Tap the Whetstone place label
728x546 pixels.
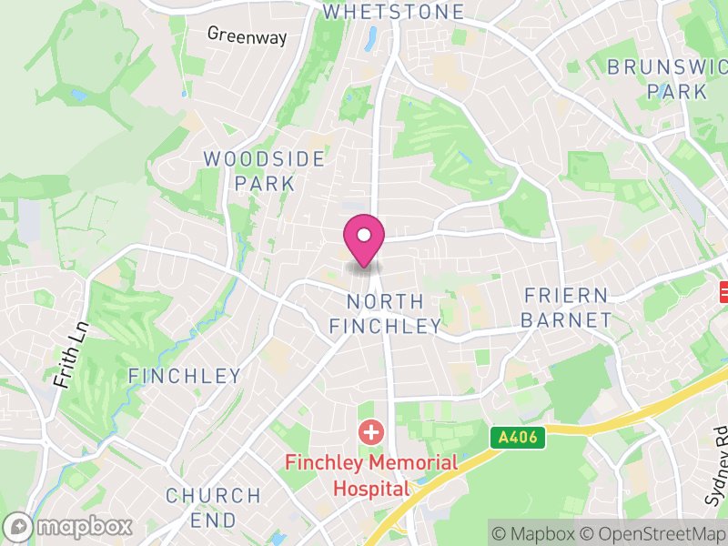click(x=393, y=12)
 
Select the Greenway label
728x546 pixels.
click(x=247, y=35)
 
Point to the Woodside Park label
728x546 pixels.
click(x=264, y=171)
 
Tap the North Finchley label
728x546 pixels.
click(x=385, y=313)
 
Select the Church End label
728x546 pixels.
click(x=213, y=508)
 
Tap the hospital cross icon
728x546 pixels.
click(x=370, y=431)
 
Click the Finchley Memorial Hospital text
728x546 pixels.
click(x=370, y=475)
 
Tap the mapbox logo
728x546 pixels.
click(x=68, y=526)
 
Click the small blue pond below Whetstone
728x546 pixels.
click(x=371, y=37)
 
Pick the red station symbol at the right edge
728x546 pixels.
click(x=723, y=291)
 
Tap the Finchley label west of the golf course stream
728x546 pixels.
click(x=185, y=376)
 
